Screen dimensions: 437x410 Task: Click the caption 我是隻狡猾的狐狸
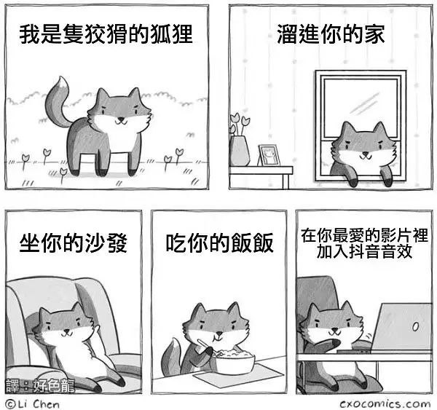pyautogui.click(x=106, y=34)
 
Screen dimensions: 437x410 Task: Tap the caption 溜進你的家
pyautogui.click(x=331, y=34)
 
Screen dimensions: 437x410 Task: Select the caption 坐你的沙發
pyautogui.click(x=74, y=243)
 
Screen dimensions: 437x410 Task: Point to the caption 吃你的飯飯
pyautogui.click(x=220, y=243)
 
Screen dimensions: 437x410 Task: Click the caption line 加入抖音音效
pyautogui.click(x=364, y=251)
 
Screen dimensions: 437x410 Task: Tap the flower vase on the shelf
pyautogui.click(x=239, y=151)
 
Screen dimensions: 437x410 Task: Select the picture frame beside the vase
pyautogui.click(x=269, y=156)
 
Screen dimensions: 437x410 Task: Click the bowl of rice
pyautogui.click(x=234, y=361)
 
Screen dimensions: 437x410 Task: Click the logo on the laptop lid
pyautogui.click(x=415, y=326)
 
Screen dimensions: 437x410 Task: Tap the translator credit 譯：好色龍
pyautogui.click(x=40, y=386)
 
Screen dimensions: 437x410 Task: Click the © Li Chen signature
pyautogui.click(x=33, y=404)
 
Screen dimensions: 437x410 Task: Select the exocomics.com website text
pyautogui.click(x=385, y=404)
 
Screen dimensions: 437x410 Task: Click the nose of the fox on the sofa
pyautogui.click(x=66, y=331)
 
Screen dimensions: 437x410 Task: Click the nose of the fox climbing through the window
pyautogui.click(x=365, y=153)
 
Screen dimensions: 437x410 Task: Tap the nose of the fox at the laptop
pyautogui.click(x=334, y=330)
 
